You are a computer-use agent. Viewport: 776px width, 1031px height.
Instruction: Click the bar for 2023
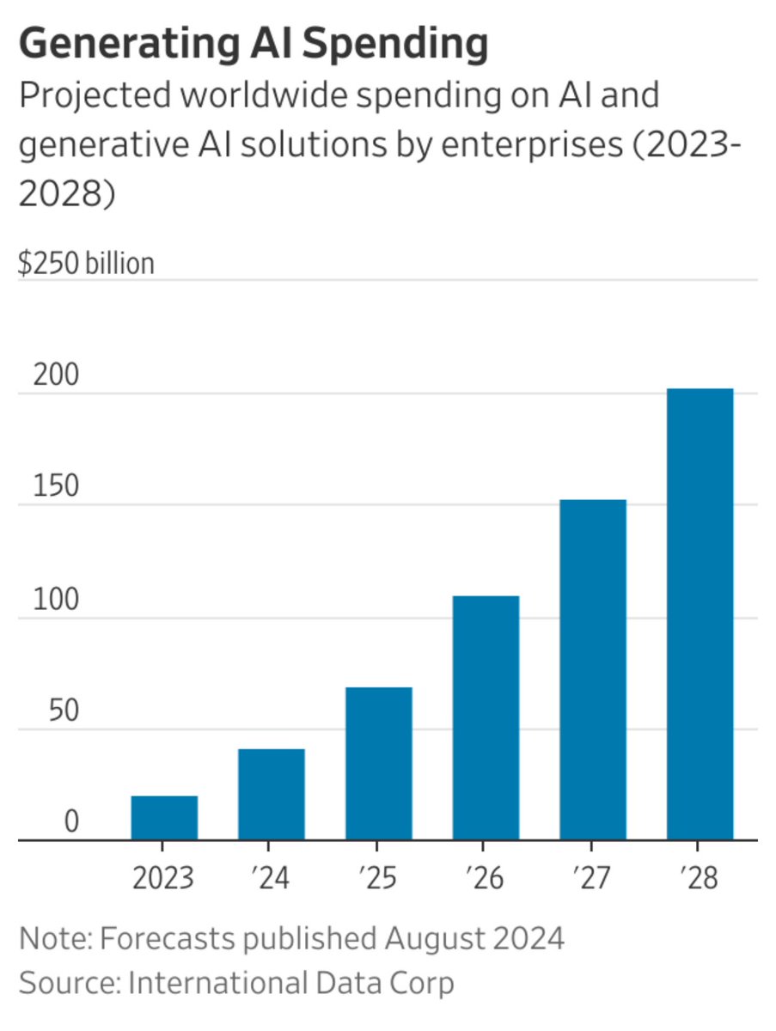[x=164, y=818]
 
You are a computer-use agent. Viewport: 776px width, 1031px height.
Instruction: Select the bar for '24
[x=272, y=795]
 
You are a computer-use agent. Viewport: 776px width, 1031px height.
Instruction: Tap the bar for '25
[x=379, y=764]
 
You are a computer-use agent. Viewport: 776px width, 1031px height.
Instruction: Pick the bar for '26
[x=486, y=718]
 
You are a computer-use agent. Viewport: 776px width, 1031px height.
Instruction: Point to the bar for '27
[x=593, y=670]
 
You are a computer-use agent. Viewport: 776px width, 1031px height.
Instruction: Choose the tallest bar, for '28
[x=700, y=614]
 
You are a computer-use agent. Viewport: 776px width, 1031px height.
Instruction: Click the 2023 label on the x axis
[x=164, y=878]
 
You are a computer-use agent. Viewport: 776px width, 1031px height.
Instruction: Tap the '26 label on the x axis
[x=486, y=878]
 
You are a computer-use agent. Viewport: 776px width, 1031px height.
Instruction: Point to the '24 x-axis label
[x=272, y=878]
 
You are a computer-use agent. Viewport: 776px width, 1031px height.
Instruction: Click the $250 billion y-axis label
[x=86, y=263]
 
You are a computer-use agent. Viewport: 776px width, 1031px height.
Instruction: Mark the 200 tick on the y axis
[x=56, y=375]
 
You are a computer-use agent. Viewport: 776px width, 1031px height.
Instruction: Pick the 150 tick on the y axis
[x=56, y=487]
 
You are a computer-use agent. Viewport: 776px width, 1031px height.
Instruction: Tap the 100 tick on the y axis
[x=56, y=600]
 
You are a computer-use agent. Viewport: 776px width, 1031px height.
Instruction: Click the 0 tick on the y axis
[x=70, y=822]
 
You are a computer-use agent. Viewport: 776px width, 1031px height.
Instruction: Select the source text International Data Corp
[x=290, y=982]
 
